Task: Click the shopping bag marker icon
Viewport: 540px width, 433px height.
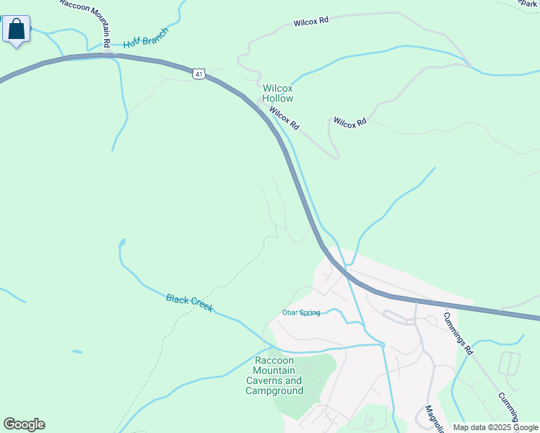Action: point(17,30)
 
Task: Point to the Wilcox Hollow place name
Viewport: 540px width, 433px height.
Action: point(278,93)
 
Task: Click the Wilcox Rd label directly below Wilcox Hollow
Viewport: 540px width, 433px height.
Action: point(284,118)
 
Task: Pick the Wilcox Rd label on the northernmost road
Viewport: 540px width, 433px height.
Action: point(311,22)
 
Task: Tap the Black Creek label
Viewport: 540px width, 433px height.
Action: point(190,302)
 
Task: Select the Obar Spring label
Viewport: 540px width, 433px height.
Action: point(300,312)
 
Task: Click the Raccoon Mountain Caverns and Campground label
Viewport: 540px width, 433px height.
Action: point(274,375)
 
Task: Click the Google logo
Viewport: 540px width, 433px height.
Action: point(24,424)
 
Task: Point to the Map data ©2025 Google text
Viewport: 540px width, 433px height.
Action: point(495,427)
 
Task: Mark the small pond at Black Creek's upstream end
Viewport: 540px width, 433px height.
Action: point(122,242)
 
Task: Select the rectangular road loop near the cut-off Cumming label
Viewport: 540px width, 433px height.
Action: point(509,363)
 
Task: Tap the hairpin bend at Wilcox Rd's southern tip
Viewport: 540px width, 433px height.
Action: point(336,154)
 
